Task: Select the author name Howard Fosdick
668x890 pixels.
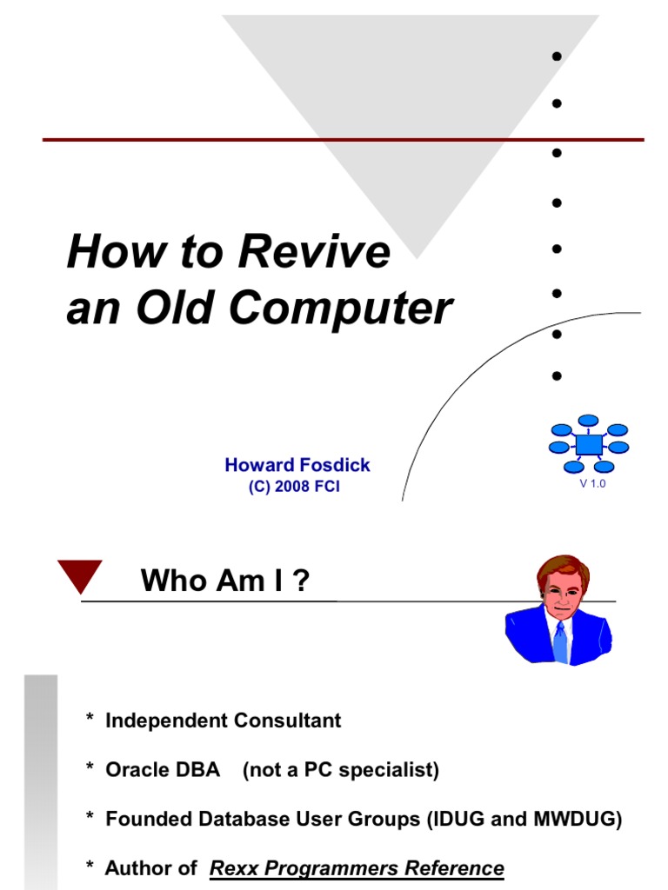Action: point(297,465)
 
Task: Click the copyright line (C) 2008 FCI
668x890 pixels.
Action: point(294,487)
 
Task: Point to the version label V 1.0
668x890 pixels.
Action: point(592,484)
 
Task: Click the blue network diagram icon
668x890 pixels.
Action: point(589,443)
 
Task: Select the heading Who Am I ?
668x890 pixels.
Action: point(225,581)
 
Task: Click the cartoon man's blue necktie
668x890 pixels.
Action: point(560,641)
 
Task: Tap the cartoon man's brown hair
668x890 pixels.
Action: point(562,568)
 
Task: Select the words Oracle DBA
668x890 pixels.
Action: point(163,770)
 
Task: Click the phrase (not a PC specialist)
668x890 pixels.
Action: point(341,770)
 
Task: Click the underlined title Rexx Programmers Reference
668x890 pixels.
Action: point(357,868)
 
